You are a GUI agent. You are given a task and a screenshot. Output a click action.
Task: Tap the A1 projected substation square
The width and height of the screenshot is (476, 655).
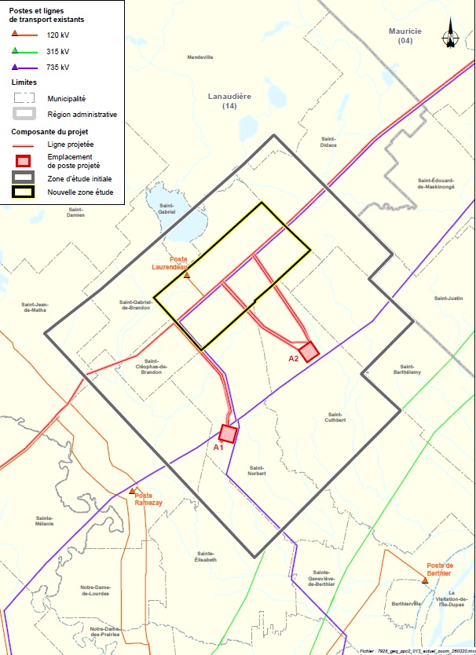point(228,433)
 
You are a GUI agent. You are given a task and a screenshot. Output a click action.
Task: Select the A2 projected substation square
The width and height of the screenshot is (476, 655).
point(308,350)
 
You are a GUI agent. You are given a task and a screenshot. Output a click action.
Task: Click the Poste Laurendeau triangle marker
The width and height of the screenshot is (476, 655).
point(187,275)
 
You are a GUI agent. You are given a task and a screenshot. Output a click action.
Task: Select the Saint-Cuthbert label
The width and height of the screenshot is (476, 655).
point(336,417)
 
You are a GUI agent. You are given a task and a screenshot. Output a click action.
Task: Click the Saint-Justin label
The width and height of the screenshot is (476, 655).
point(449,298)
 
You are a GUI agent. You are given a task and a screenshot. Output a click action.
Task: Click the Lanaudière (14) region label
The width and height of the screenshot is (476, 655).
point(229,100)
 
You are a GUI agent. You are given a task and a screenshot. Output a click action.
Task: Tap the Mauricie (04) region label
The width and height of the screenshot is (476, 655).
point(405,35)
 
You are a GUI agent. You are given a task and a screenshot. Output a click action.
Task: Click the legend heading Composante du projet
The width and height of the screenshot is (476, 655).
point(46,131)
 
